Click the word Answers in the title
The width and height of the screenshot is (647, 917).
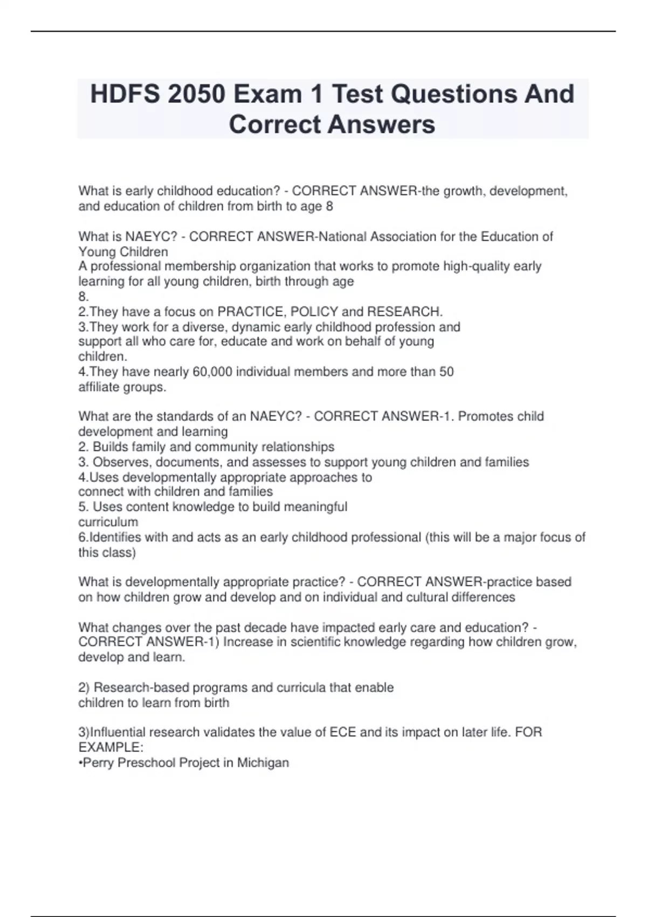[x=381, y=124]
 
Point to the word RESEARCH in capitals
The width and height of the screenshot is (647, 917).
[x=404, y=312]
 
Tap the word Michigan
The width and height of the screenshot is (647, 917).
[x=263, y=763]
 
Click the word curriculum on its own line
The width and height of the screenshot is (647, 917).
[x=108, y=522]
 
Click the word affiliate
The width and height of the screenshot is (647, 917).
[x=98, y=387]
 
